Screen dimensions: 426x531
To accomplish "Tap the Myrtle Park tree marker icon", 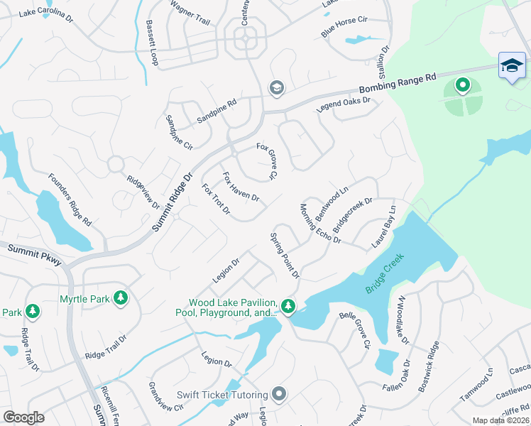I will [121, 298].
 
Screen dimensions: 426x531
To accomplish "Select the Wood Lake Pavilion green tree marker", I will [288, 306].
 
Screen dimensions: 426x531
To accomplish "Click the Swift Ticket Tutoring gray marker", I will [280, 394].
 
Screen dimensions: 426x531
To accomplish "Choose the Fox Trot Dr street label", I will [217, 202].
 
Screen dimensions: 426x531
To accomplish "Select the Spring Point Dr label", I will [285, 255].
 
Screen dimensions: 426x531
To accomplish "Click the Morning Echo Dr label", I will [319, 224].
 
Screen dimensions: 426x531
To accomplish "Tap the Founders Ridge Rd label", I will [70, 200].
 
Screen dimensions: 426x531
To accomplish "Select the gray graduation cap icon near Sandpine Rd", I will [275, 88].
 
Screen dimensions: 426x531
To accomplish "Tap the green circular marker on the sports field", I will [463, 87].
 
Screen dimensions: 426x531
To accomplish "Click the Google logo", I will [24, 417].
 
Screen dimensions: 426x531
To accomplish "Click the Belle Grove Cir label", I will [355, 330].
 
